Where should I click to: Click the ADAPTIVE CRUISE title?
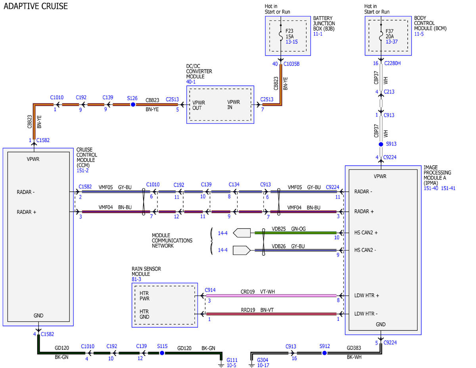click(36, 6)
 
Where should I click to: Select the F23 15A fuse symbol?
click(281, 37)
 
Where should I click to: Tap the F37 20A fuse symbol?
click(381, 37)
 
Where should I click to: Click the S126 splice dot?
click(133, 104)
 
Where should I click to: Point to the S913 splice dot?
click(381, 144)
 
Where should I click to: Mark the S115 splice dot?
click(162, 353)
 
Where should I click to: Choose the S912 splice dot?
click(324, 353)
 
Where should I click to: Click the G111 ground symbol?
click(221, 364)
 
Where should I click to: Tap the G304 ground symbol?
click(252, 364)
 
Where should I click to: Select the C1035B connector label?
click(292, 64)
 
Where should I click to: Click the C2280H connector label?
click(392, 64)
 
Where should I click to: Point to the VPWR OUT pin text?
click(199, 106)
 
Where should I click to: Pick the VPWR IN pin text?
click(234, 105)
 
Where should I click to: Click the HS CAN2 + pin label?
click(366, 233)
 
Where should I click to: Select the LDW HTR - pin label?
click(366, 314)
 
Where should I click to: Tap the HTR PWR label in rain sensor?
click(144, 296)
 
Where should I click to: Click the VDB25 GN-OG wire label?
click(289, 229)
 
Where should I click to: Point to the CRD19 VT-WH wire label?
click(257, 292)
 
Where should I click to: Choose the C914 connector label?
click(210, 290)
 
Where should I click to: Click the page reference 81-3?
click(136, 279)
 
